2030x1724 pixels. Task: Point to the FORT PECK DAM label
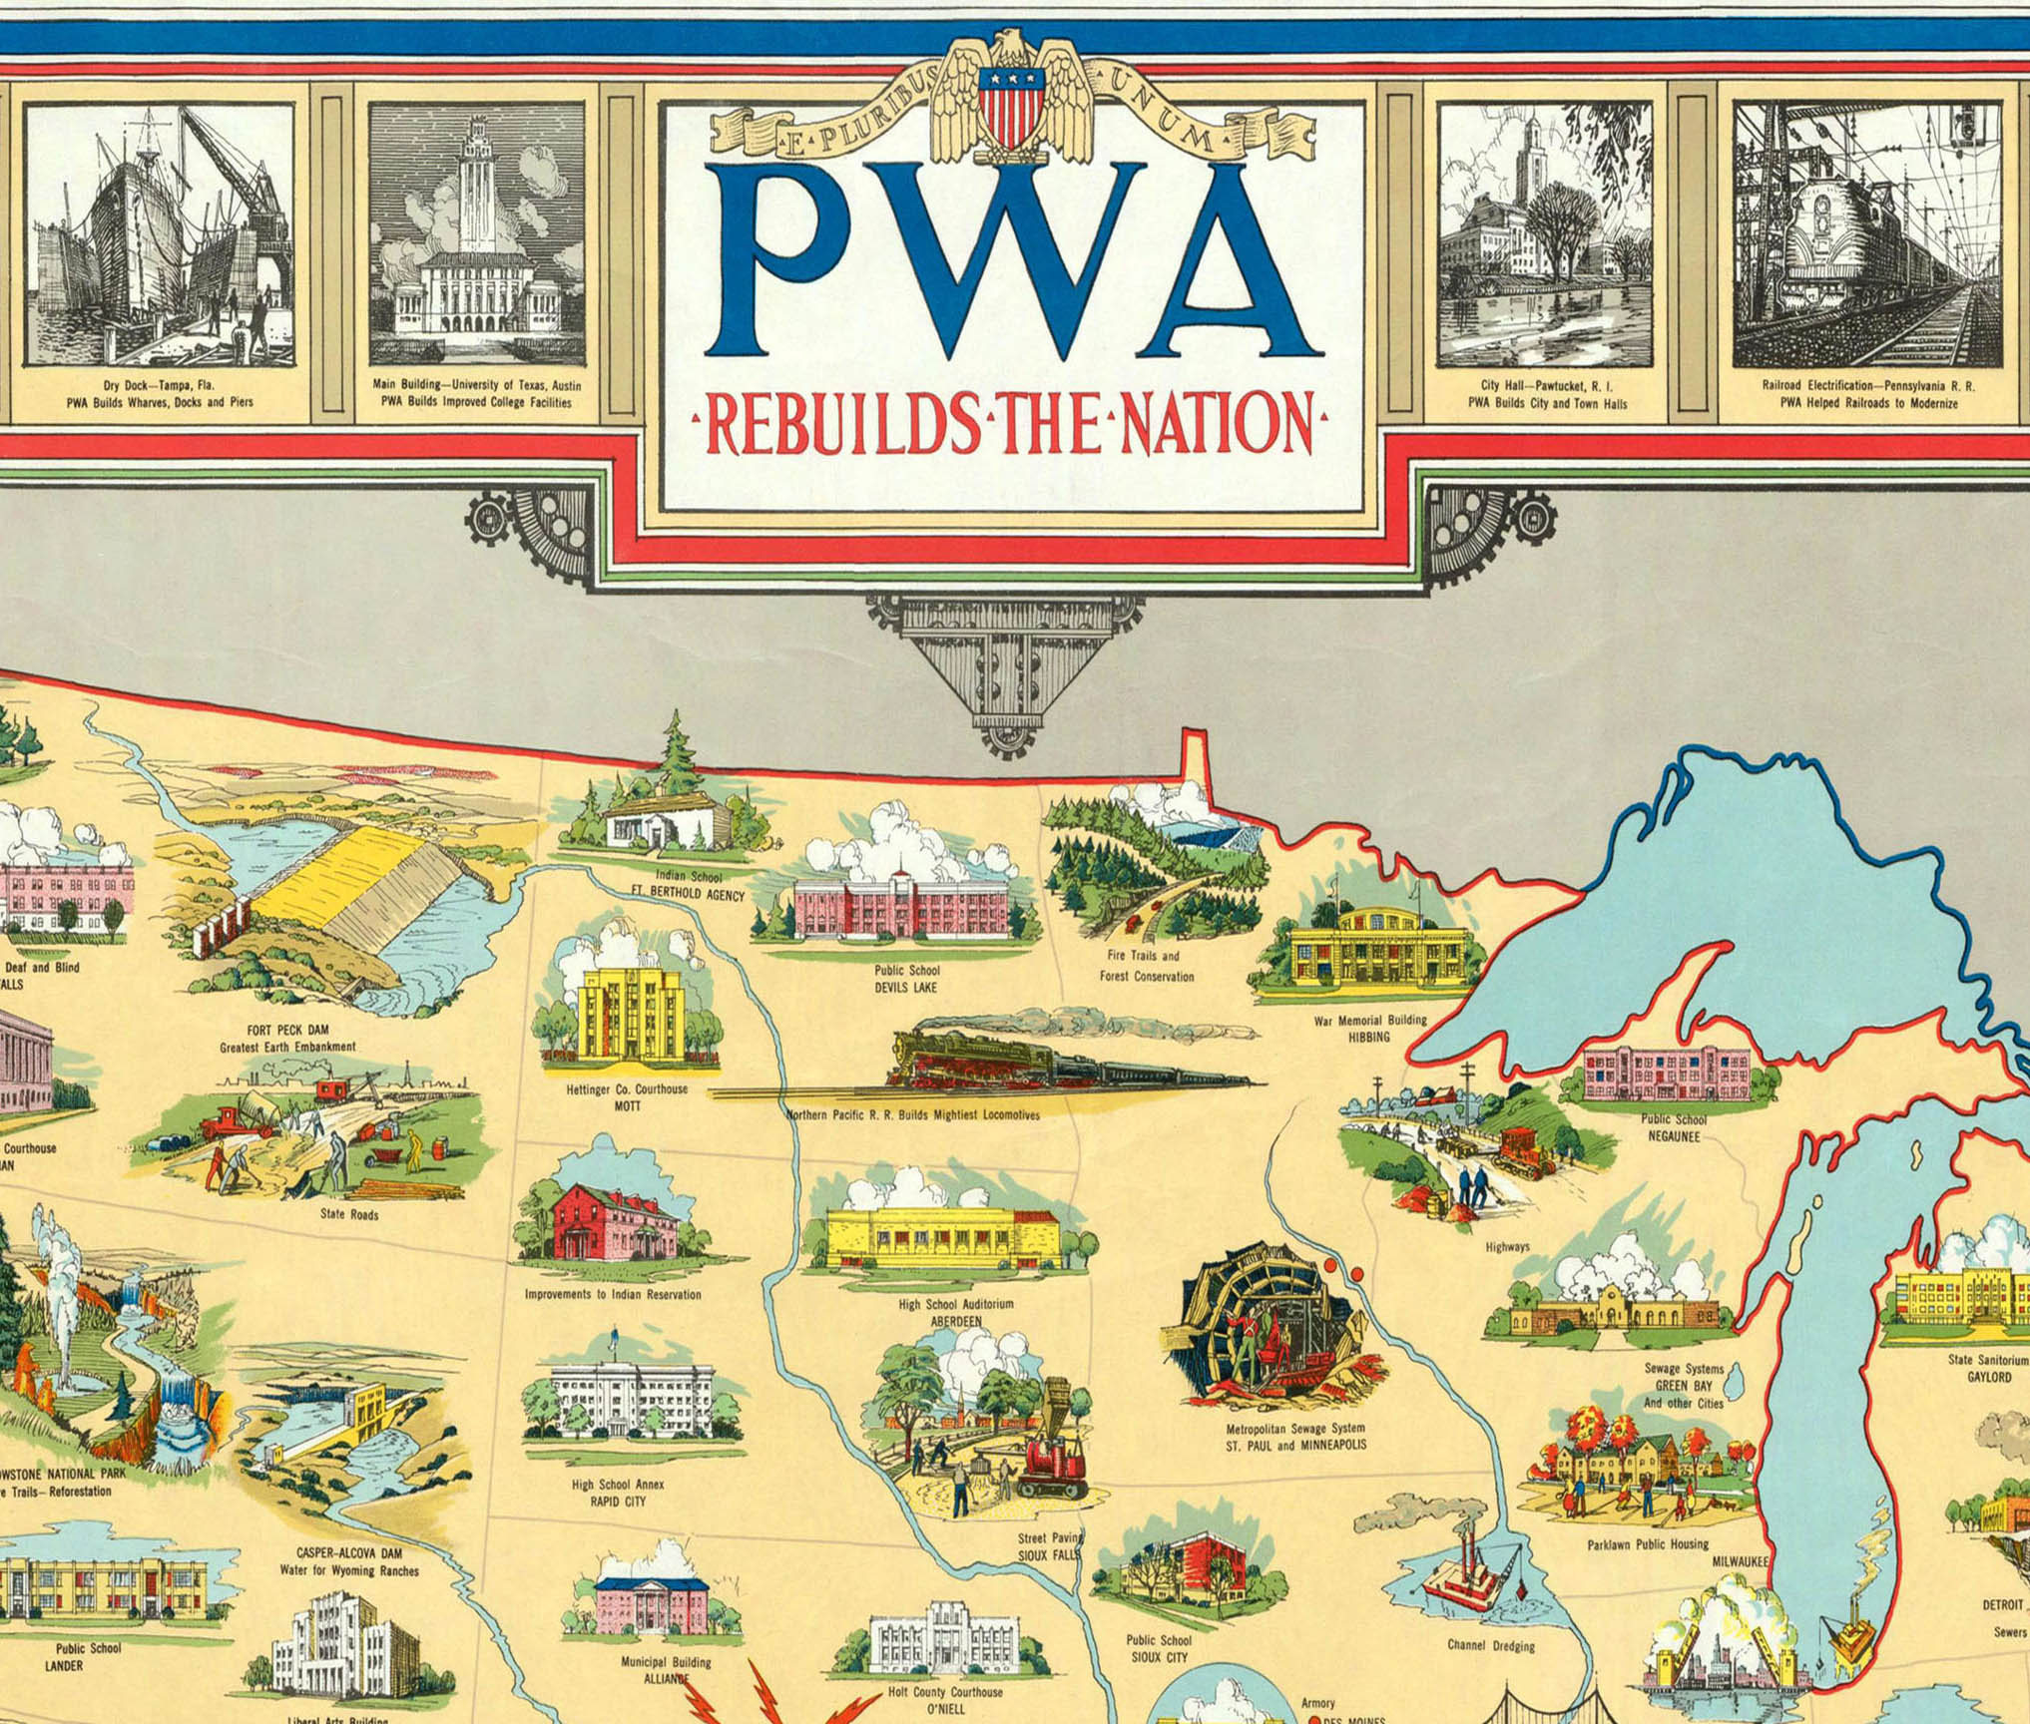coord(287,1030)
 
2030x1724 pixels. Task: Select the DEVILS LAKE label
coord(906,988)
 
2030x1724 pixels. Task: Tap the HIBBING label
coord(1369,1037)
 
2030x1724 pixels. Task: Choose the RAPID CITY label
coord(618,1501)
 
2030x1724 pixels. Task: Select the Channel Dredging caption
coord(1491,1645)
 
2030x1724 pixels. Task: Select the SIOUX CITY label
coord(1159,1657)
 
